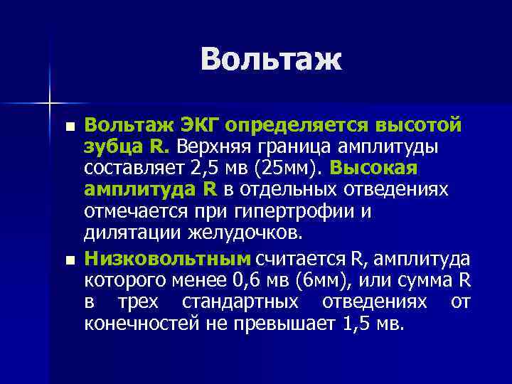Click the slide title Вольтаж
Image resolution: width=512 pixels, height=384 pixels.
271,60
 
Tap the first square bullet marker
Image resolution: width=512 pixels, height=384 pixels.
69,128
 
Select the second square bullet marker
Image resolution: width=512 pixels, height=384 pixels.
69,259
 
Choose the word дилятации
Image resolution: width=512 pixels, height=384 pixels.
131,233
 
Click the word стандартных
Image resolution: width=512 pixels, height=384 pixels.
240,302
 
